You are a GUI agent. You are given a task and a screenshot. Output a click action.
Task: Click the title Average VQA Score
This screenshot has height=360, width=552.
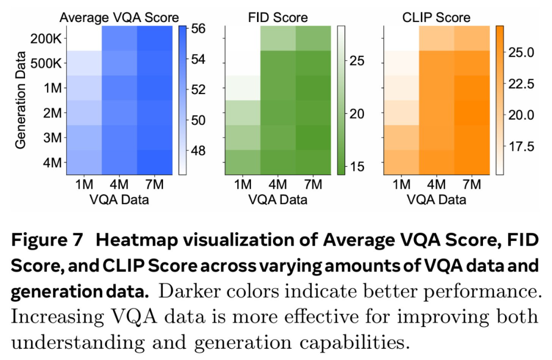coord(119,17)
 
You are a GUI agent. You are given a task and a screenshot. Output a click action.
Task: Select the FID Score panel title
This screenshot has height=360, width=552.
coord(278,17)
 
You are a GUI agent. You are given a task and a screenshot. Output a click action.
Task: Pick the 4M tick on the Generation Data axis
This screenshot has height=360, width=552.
coord(52,163)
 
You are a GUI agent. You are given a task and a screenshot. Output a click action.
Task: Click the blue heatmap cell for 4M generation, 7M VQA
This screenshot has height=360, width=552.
coord(154,163)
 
